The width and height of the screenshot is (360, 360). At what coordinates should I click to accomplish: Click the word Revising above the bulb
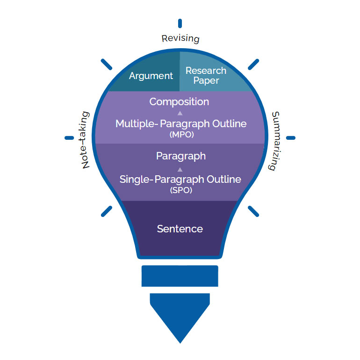pos(180,38)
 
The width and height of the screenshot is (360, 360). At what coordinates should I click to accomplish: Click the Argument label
pos(151,76)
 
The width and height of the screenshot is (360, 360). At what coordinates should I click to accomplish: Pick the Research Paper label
pos(206,75)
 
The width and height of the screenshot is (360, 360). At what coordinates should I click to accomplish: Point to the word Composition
pos(179,101)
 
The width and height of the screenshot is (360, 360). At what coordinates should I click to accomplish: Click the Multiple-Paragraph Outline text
pos(181,124)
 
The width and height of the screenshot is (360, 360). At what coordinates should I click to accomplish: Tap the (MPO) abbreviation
pos(180,134)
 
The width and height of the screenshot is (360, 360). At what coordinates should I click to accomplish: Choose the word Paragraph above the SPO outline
pos(180,156)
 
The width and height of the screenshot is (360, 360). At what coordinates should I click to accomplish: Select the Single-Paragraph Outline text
pos(180,179)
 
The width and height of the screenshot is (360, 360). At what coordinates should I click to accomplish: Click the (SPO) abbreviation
pos(180,190)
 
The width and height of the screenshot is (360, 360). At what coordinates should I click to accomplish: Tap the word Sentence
pos(180,229)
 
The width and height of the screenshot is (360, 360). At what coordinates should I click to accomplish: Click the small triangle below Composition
pos(180,113)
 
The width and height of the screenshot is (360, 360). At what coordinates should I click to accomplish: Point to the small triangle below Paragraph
pos(180,169)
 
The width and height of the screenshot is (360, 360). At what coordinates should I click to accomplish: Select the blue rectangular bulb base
pos(180,275)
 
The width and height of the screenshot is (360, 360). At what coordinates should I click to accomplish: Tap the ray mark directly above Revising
pos(180,23)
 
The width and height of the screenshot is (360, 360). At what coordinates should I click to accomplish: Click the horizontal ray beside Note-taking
pos(69,138)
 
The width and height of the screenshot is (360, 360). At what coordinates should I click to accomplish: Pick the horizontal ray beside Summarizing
pos(290,138)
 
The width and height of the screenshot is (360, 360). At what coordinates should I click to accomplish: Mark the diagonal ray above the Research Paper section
pos(253,65)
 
